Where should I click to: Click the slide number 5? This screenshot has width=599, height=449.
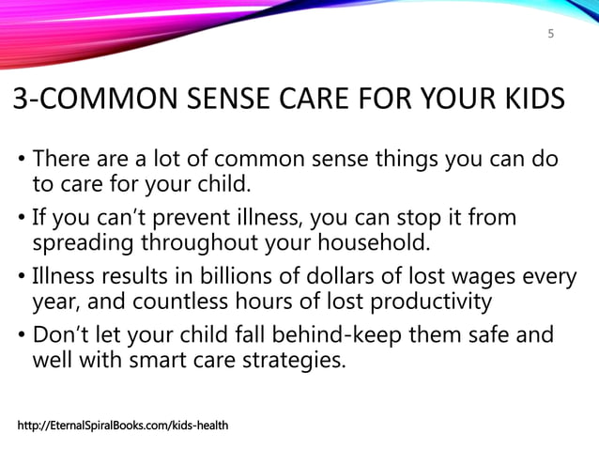pyautogui.click(x=551, y=35)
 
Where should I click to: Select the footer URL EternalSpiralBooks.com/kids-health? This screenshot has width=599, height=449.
pyautogui.click(x=123, y=427)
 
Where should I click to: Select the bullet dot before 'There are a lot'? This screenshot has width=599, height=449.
pyautogui.click(x=21, y=161)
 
